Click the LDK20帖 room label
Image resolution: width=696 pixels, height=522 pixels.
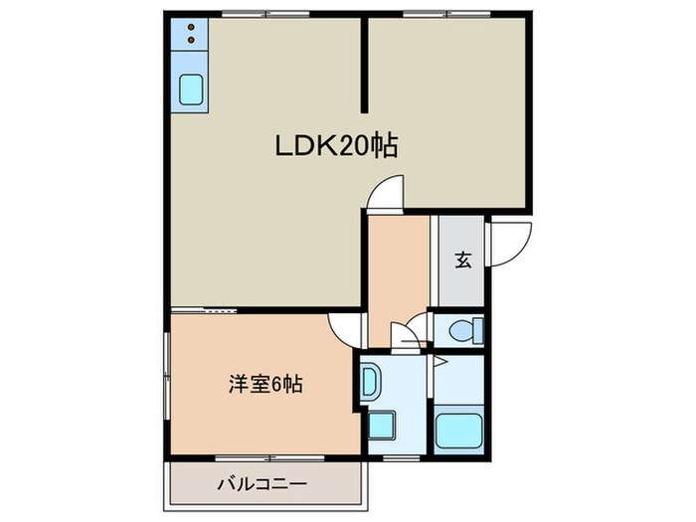pos(336,147)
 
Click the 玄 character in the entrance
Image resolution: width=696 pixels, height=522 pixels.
pos(462,261)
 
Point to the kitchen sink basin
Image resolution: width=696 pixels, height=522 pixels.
pos(191,90)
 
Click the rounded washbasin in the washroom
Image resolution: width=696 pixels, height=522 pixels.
pos(369,383)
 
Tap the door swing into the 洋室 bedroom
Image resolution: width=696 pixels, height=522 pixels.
pos(345,327)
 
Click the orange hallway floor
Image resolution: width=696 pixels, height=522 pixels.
pos(398,263)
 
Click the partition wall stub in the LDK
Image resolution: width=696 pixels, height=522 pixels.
pos(364,65)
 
